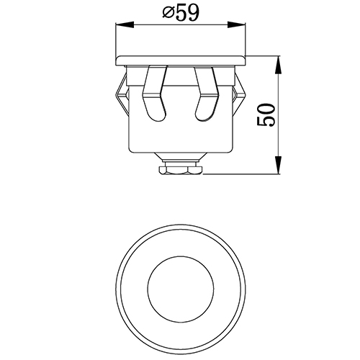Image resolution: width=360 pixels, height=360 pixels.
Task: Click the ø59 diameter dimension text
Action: coord(181,13)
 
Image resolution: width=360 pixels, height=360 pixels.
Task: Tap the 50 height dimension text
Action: coord(266,115)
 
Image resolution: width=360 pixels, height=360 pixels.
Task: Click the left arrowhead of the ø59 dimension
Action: coord(125,24)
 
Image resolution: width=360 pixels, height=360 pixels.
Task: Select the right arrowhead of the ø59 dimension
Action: coord(236,24)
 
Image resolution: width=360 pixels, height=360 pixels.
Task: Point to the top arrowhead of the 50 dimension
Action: coord(278,65)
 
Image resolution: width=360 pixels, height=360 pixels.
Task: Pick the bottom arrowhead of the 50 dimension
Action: coord(278,165)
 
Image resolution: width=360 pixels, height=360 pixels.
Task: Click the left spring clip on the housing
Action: coord(122,94)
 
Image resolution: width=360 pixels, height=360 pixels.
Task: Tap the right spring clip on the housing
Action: coord(239,94)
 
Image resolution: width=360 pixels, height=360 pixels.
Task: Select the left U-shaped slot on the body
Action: coord(154,93)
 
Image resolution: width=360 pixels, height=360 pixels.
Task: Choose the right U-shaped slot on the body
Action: coord(207,94)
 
